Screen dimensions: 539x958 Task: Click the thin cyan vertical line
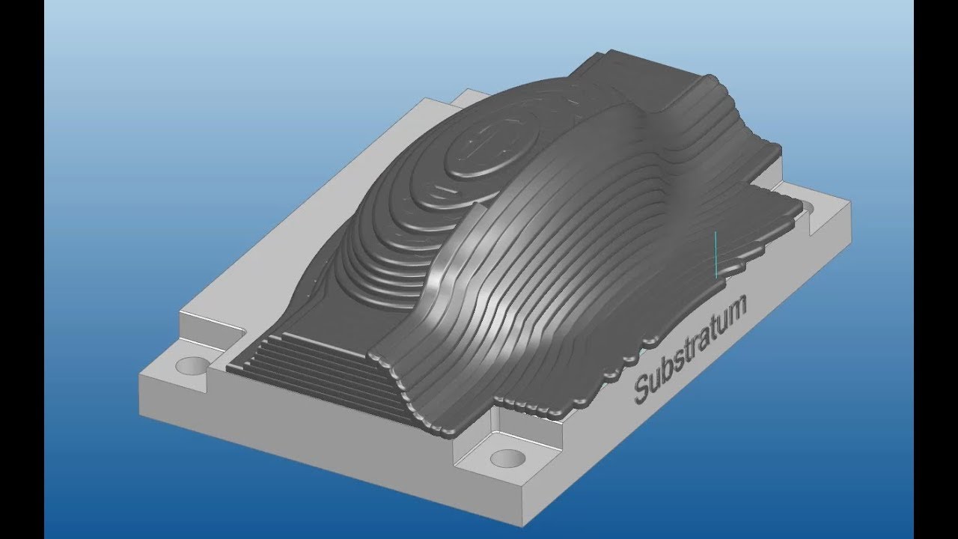(x=716, y=255)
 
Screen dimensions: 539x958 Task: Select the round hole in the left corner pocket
(x=192, y=366)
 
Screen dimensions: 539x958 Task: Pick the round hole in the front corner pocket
(x=507, y=457)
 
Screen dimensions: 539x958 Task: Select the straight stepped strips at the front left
(x=314, y=374)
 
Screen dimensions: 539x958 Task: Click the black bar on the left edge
(x=22, y=269)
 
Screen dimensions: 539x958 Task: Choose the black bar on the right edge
(x=936, y=269)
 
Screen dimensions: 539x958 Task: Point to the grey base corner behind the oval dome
(x=468, y=93)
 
